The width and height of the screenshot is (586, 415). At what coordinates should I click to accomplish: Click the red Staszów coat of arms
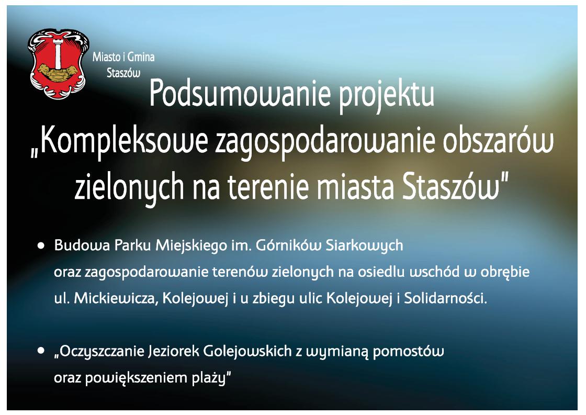(59, 63)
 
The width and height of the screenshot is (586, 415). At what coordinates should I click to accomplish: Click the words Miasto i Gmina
(123, 57)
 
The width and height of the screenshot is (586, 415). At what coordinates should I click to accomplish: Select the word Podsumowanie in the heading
(240, 94)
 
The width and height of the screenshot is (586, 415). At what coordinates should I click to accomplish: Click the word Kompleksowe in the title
(124, 142)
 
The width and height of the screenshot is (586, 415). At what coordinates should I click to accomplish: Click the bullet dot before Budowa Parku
(41, 245)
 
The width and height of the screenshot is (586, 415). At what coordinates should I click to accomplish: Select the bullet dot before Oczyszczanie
(41, 351)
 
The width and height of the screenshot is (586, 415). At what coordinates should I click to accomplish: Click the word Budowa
(82, 245)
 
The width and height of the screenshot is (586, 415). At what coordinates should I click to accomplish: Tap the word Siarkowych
(364, 246)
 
